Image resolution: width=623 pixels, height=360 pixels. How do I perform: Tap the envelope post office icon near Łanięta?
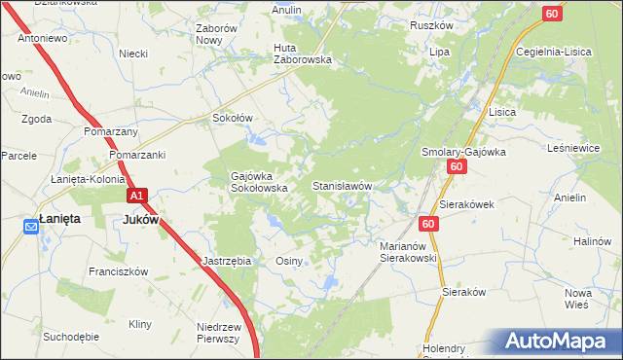click(30, 227)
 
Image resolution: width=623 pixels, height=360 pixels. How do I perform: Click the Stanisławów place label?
click(342, 185)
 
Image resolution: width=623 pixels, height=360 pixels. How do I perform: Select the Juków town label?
click(142, 220)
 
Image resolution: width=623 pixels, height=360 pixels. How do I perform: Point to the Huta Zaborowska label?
click(303, 53)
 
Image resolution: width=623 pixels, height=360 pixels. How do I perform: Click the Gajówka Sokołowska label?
click(259, 182)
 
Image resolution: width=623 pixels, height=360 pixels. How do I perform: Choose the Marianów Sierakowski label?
click(409, 253)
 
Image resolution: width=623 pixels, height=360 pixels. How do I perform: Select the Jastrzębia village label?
click(227, 261)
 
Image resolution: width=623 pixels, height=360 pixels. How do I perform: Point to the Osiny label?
click(290, 261)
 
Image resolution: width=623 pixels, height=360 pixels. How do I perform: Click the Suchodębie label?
click(71, 337)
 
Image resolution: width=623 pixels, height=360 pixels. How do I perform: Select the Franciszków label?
click(118, 271)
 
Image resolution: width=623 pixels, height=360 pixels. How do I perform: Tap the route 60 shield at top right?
click(552, 13)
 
